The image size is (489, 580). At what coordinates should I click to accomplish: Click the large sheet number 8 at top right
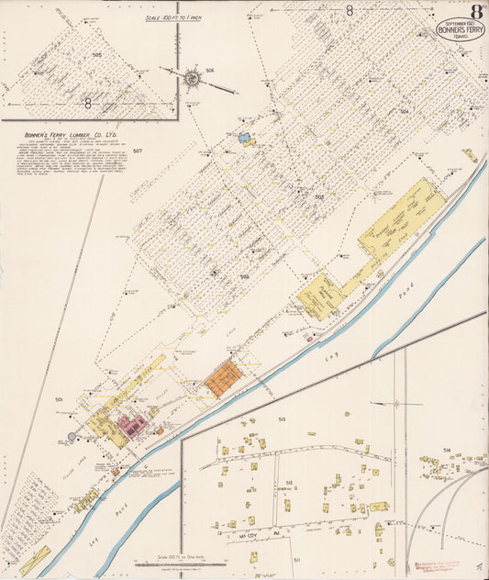pyautogui.click(x=477, y=12)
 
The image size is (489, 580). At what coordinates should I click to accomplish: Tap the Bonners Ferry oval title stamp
pyautogui.click(x=461, y=28)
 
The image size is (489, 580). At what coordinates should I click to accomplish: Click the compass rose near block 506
pyautogui.click(x=192, y=79)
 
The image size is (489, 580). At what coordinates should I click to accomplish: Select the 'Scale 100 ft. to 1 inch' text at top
pyautogui.click(x=174, y=17)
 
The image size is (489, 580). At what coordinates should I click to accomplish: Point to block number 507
pyautogui.click(x=139, y=151)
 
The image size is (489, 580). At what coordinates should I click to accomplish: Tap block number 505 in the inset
pyautogui.click(x=97, y=55)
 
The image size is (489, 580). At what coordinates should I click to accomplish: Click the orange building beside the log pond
pyautogui.click(x=222, y=378)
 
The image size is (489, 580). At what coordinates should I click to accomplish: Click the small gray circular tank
pyautogui.click(x=72, y=437)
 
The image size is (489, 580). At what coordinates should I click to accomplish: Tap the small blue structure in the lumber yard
pyautogui.click(x=245, y=140)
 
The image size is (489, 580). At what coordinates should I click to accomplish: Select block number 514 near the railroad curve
pyautogui.click(x=447, y=451)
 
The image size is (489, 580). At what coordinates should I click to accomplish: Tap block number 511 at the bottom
pyautogui.click(x=296, y=558)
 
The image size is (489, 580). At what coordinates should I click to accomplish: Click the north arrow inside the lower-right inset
pyautogui.click(x=395, y=403)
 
